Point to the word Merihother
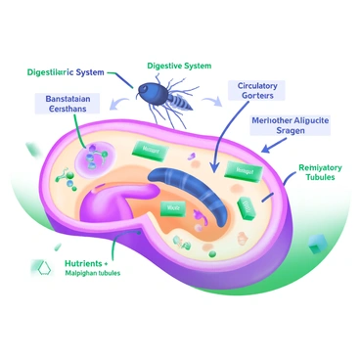276,120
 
